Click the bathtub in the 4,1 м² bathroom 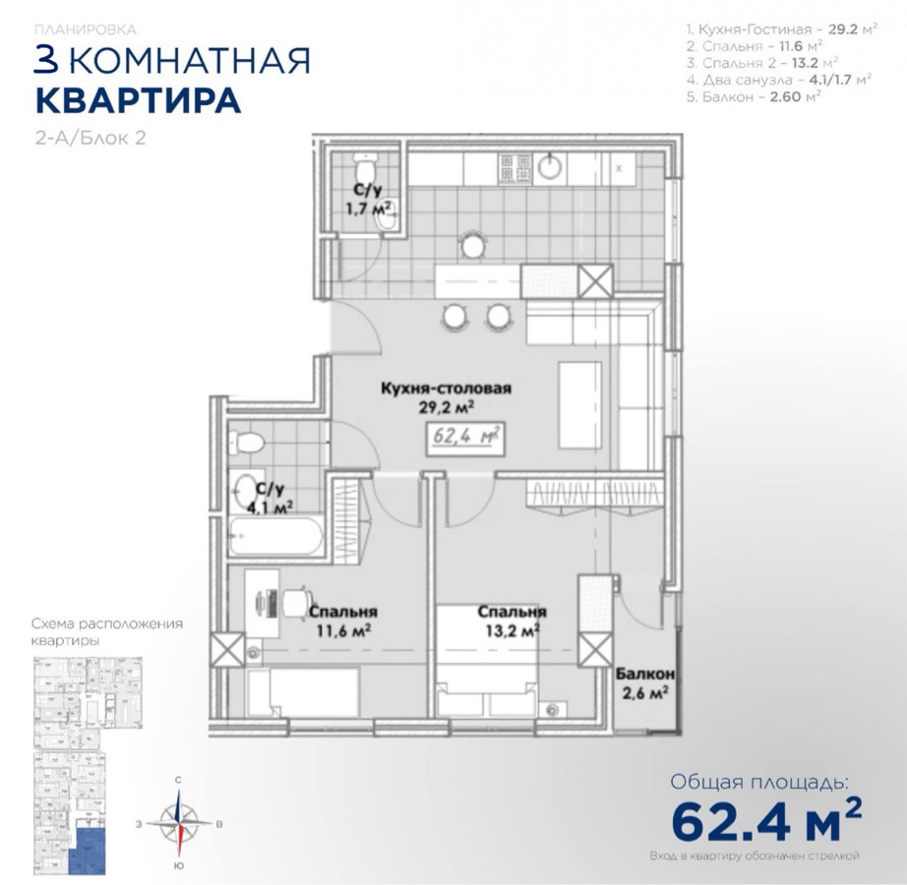(x=275, y=537)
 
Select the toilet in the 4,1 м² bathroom (x=246, y=443)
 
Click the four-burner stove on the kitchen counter (x=514, y=169)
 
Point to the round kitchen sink (x=550, y=167)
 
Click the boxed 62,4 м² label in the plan (x=465, y=439)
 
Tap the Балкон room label (x=645, y=674)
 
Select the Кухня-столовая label (x=446, y=387)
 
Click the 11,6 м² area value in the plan (x=343, y=630)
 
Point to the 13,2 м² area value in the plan (x=514, y=630)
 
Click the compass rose (x=179, y=823)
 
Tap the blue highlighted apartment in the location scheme (x=88, y=851)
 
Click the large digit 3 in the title (x=47, y=60)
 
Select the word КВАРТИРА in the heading (x=139, y=101)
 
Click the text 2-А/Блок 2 (x=91, y=139)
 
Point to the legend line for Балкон (x=754, y=97)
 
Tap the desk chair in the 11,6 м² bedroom (x=297, y=603)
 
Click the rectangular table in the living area (x=580, y=404)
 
